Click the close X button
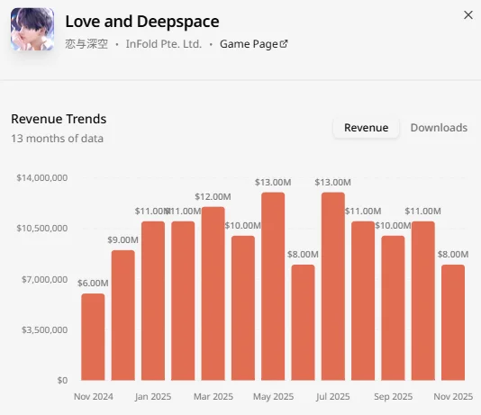pos(468,15)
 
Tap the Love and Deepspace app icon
pos(32,29)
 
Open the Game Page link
pos(254,44)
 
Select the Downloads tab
pos(439,128)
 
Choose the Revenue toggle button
pos(367,128)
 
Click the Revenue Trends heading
pos(59,119)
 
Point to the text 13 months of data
pos(57,139)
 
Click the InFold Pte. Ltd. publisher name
pos(164,44)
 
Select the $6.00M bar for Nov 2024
pos(93,337)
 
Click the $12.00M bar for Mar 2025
pos(213,293)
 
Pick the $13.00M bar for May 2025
pos(273,286)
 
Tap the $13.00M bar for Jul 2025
pos(333,286)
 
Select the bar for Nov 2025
pos(453,322)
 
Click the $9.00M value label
pos(123,239)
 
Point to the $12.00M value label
pos(213,196)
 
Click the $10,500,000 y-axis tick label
pos(42,229)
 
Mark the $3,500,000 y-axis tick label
pos(44,329)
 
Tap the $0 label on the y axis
pos(62,381)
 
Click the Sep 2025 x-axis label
pos(394,397)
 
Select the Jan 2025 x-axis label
pos(153,397)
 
